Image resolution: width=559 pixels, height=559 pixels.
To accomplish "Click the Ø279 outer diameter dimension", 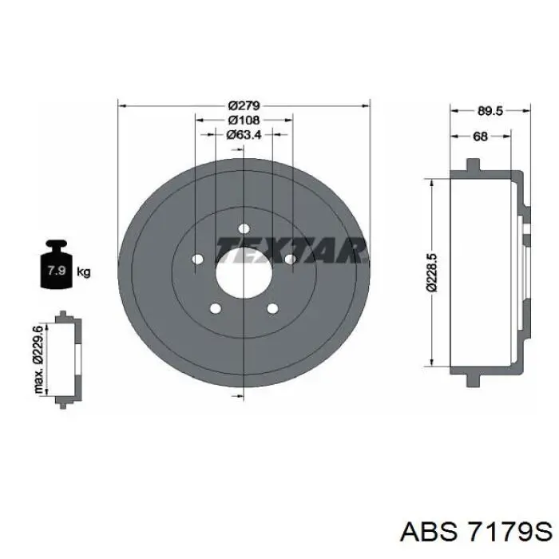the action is tap(244, 105).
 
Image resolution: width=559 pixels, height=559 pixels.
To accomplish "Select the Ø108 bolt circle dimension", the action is tap(244, 120).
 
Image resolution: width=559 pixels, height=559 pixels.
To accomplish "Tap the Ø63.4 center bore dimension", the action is tap(244, 134).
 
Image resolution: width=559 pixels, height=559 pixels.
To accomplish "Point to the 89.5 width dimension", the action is tap(490, 111).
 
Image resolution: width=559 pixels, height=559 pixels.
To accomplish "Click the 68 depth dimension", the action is tap(480, 136).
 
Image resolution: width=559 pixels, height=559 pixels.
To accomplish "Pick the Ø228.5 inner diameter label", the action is tap(432, 273).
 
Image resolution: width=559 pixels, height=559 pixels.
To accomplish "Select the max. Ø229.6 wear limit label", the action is tap(38, 359).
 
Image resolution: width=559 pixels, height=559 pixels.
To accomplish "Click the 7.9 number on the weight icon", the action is tap(57, 270).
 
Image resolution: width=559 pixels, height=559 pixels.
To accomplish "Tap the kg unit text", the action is tap(84, 273).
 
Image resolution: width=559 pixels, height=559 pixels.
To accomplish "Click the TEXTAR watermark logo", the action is tap(291, 250).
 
